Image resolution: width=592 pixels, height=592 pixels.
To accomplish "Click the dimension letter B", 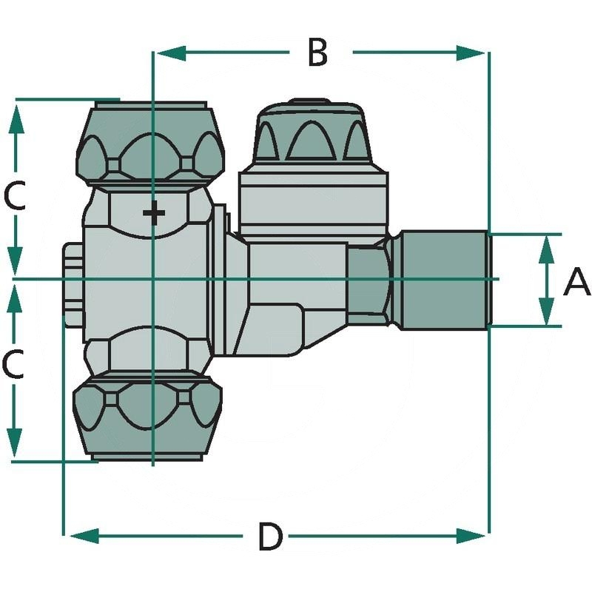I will (x=317, y=53).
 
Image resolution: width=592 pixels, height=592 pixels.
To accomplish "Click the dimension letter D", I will (x=270, y=536).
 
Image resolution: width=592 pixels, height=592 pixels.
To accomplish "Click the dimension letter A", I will (x=576, y=282).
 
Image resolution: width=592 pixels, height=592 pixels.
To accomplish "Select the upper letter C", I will (x=15, y=196).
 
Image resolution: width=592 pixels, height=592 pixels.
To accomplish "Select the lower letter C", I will (x=15, y=364).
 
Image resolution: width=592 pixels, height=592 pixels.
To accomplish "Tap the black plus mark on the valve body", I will (x=154, y=214).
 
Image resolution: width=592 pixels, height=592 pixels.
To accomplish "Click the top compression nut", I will (x=152, y=144).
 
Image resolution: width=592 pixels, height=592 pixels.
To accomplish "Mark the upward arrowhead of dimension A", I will (x=546, y=248).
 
